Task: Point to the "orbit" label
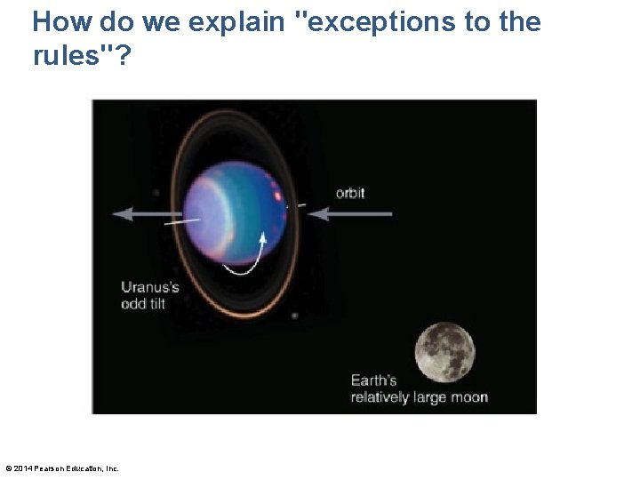pyautogui.click(x=350, y=193)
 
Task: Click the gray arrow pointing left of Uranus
pyautogui.click(x=148, y=213)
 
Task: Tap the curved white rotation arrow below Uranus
pyautogui.click(x=244, y=260)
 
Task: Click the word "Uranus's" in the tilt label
pyautogui.click(x=150, y=287)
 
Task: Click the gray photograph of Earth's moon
pyautogui.click(x=445, y=352)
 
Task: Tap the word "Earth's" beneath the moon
pyautogui.click(x=373, y=380)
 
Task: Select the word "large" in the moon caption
pyautogui.click(x=431, y=397)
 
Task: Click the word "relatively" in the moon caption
pyautogui.click(x=380, y=397)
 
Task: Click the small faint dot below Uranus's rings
pyautogui.click(x=294, y=316)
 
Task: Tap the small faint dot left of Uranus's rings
pyautogui.click(x=156, y=192)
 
